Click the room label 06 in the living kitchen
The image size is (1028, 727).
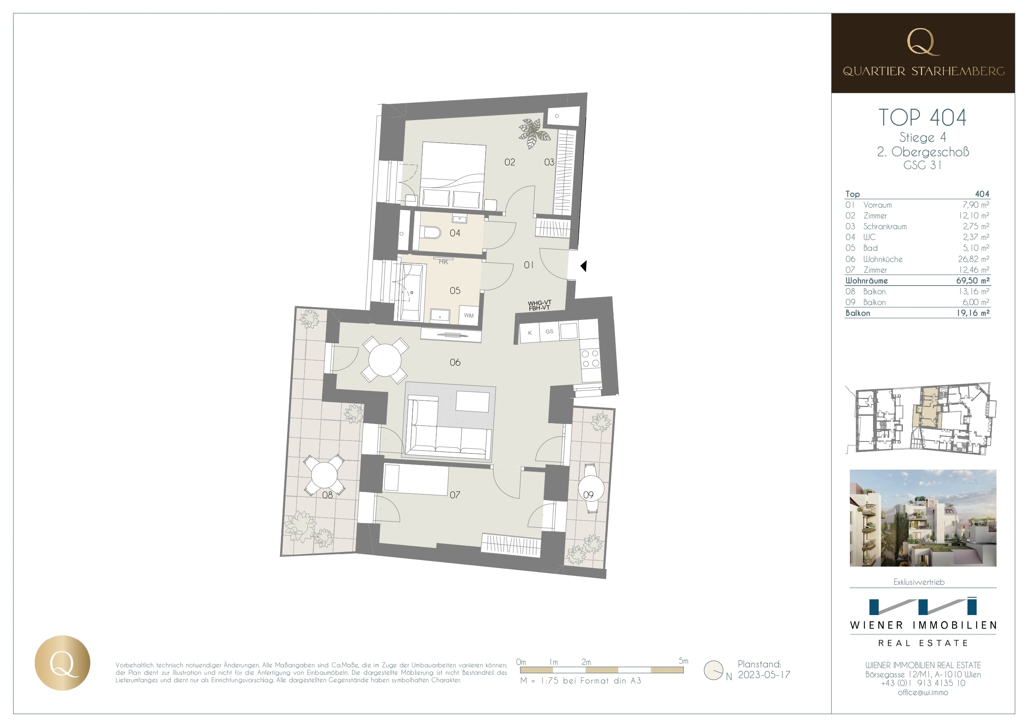pyautogui.click(x=455, y=362)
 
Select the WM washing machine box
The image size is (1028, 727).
pyautogui.click(x=469, y=315)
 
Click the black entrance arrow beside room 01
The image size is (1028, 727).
pyautogui.click(x=583, y=266)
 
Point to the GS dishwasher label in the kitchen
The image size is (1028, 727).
pyautogui.click(x=549, y=332)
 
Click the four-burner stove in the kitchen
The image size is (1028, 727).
pyautogui.click(x=590, y=359)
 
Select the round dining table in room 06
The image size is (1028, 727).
pyautogui.click(x=385, y=360)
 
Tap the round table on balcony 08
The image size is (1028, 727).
pyautogui.click(x=324, y=475)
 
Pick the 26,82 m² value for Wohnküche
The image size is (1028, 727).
pyautogui.click(x=973, y=259)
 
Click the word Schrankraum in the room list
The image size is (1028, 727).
pyautogui.click(x=885, y=227)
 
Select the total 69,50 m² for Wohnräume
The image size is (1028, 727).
pyautogui.click(x=972, y=281)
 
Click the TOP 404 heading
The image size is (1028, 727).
pyautogui.click(x=922, y=118)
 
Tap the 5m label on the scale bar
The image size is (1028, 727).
pyautogui.click(x=683, y=661)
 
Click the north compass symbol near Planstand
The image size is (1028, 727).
pyautogui.click(x=713, y=670)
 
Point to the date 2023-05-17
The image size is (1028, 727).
pyautogui.click(x=764, y=675)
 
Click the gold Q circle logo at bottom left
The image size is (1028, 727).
pyautogui.click(x=63, y=662)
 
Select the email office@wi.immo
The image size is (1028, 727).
pyautogui.click(x=923, y=692)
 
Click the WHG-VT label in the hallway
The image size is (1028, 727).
pyautogui.click(x=539, y=303)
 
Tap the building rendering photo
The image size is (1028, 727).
pyautogui.click(x=923, y=518)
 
